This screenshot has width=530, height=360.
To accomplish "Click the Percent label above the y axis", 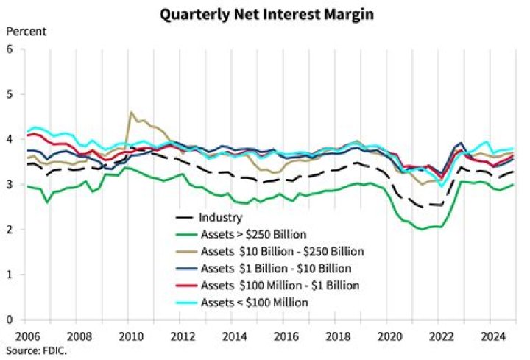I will [26, 31].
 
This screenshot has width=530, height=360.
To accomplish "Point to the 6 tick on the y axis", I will [10, 49].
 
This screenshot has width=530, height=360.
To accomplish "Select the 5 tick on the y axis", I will [10, 94].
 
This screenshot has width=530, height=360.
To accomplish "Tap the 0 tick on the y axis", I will [10, 320].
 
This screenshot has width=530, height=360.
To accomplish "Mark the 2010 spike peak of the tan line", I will [131, 112].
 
